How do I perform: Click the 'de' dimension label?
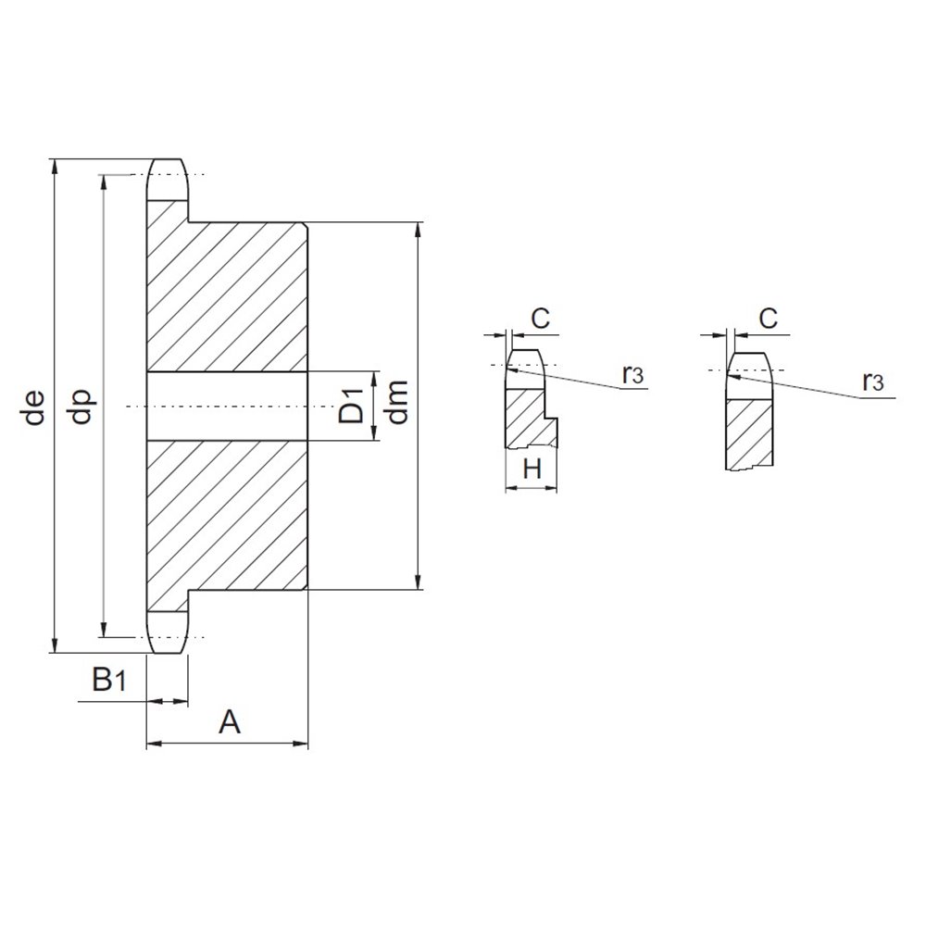35,407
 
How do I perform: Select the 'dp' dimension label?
82,407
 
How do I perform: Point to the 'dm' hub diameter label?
398,402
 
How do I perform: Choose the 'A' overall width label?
229,721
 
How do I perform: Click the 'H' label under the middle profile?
532,469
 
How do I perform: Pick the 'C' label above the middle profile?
540,319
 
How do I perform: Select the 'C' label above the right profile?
768,319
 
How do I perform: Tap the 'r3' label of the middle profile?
632,374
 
